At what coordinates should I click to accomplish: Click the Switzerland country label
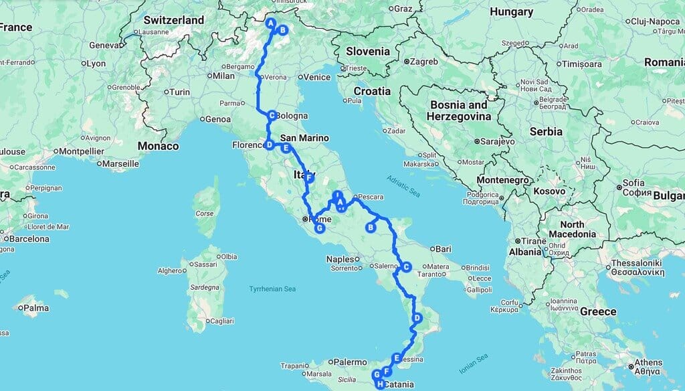point(173,20)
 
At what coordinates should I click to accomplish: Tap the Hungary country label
point(511,11)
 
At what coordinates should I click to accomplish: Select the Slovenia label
point(367,52)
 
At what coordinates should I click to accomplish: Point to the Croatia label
point(372,91)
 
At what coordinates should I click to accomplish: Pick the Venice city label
point(316,77)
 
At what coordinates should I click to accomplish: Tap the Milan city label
point(224,76)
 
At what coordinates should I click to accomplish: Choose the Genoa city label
point(217,119)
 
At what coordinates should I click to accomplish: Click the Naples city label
point(340,259)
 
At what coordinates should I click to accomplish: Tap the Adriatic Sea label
point(403,185)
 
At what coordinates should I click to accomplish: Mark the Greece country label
point(598,311)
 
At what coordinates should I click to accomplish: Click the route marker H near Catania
point(380,384)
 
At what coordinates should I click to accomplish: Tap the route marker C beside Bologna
point(272,115)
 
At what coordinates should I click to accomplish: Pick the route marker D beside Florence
point(269,145)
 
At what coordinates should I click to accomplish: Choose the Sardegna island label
point(205,287)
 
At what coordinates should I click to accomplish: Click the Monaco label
point(159,146)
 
